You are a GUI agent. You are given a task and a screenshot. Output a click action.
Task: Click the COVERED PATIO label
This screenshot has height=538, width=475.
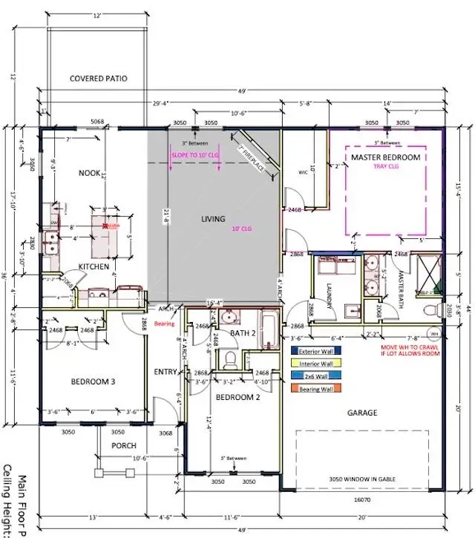pyautogui.click(x=99, y=78)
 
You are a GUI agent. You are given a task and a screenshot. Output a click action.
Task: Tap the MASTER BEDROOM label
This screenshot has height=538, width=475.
pyautogui.click(x=385, y=158)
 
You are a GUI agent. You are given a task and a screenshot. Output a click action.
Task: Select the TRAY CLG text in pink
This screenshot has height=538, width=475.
pyautogui.click(x=386, y=168)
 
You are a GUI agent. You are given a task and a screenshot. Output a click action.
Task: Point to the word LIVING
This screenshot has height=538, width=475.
pyautogui.click(x=213, y=219)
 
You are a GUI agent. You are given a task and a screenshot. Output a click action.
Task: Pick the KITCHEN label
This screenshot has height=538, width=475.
pyautogui.click(x=94, y=266)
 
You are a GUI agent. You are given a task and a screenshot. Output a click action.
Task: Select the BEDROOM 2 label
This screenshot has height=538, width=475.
pyautogui.click(x=239, y=398)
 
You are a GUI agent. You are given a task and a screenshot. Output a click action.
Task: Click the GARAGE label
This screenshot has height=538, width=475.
pyautogui.click(x=362, y=413)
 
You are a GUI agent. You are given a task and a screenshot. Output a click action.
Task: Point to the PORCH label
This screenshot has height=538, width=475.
pyautogui.click(x=124, y=445)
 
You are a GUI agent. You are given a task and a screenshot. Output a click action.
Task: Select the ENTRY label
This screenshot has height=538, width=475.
pyautogui.click(x=165, y=371)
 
